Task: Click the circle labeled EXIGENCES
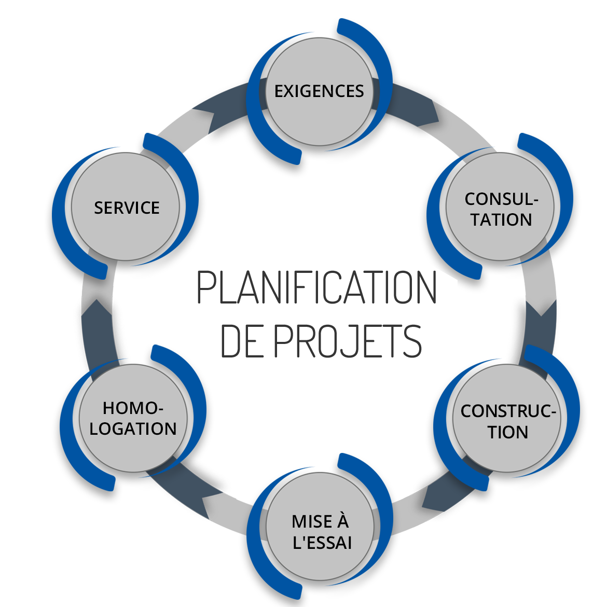(319, 91)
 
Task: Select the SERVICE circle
(127, 208)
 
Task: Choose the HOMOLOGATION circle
(133, 418)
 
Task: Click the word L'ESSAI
(322, 542)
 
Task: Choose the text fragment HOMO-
(133, 408)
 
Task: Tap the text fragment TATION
(502, 219)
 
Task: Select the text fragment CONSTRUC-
(508, 411)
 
